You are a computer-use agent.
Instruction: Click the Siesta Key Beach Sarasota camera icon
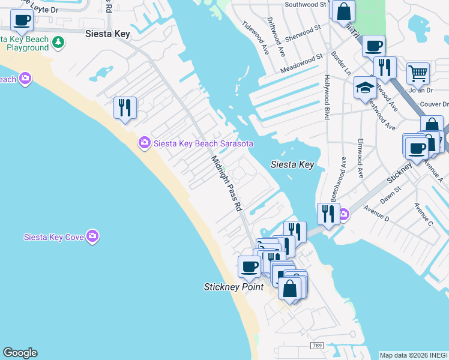tap(144, 143)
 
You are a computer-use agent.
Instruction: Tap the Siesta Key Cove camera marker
tap(92, 236)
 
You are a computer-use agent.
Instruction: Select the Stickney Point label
tap(234, 287)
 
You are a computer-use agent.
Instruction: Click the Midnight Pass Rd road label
tap(226, 183)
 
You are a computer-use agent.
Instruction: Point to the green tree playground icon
tap(58, 42)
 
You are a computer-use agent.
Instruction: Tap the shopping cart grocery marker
tap(418, 73)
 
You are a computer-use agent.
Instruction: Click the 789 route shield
tap(318, 346)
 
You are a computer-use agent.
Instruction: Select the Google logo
tap(20, 353)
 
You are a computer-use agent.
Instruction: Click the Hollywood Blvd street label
tap(327, 97)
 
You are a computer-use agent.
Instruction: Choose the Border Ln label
tap(341, 64)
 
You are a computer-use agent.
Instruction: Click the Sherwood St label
tap(303, 31)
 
